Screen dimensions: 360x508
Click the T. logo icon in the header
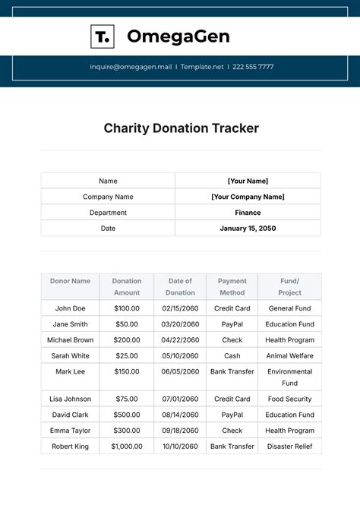click(102, 36)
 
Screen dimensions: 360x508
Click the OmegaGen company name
click(178, 36)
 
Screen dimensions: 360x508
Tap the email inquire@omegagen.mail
click(131, 67)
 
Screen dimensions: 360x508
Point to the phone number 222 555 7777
click(253, 67)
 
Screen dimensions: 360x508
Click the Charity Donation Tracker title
click(181, 128)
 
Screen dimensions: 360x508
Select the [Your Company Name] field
click(248, 197)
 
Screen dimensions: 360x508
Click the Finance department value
click(248, 213)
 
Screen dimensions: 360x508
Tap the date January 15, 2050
click(248, 229)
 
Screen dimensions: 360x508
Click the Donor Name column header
click(70, 281)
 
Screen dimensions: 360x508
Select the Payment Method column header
click(232, 286)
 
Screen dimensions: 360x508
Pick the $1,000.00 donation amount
click(127, 446)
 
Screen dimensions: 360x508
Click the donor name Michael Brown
click(70, 340)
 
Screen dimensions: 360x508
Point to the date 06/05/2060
click(180, 372)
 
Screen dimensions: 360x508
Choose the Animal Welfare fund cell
click(289, 356)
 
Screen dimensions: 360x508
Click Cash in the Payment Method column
click(232, 356)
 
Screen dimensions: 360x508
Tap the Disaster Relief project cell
click(289, 446)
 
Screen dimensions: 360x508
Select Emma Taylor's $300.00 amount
click(127, 431)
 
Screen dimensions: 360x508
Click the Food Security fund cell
click(289, 399)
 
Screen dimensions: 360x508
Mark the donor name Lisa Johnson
click(70, 399)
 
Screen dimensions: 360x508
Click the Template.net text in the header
click(202, 67)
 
